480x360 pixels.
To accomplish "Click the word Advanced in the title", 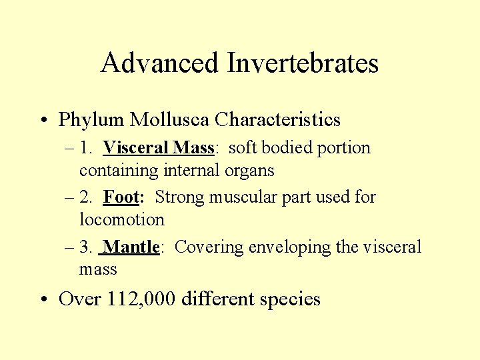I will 160,63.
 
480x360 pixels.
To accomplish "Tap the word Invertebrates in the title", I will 303,63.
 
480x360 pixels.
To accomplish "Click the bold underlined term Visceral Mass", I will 158,147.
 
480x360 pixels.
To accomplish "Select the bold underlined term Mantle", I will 131,247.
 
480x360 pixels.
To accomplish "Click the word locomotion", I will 121,219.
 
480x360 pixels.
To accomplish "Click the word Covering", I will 209,247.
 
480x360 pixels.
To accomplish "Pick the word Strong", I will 180,197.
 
